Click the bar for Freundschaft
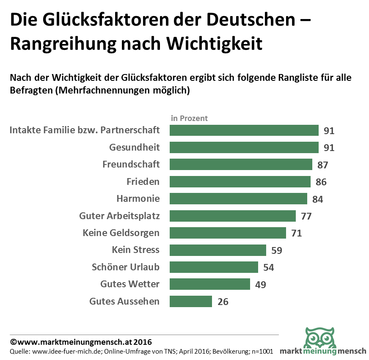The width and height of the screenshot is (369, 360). pyautogui.click(x=241, y=165)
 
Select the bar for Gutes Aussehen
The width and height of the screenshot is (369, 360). pyautogui.click(x=191, y=302)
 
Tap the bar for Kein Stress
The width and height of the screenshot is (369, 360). pyautogui.click(x=218, y=250)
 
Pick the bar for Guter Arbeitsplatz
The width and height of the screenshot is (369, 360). pyautogui.click(x=233, y=216)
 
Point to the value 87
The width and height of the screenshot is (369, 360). pyautogui.click(x=322, y=165)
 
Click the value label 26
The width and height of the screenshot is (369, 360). pyautogui.click(x=223, y=302)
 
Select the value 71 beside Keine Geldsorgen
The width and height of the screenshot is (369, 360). pyautogui.click(x=296, y=233)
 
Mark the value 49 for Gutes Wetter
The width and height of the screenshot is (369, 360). pyautogui.click(x=260, y=285)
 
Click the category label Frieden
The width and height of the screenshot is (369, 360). pyautogui.click(x=143, y=182)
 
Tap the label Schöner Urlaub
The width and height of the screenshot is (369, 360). pyautogui.click(x=126, y=267)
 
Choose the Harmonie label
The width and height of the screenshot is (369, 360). pyautogui.click(x=138, y=199)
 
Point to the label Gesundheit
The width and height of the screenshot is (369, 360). pyautogui.click(x=135, y=148)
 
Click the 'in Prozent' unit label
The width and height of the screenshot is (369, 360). pyautogui.click(x=189, y=118)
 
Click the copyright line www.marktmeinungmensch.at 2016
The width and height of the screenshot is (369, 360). pyautogui.click(x=81, y=342)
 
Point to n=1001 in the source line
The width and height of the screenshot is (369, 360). pyautogui.click(x=263, y=352)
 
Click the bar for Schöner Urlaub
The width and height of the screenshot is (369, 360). pyautogui.click(x=214, y=267)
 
